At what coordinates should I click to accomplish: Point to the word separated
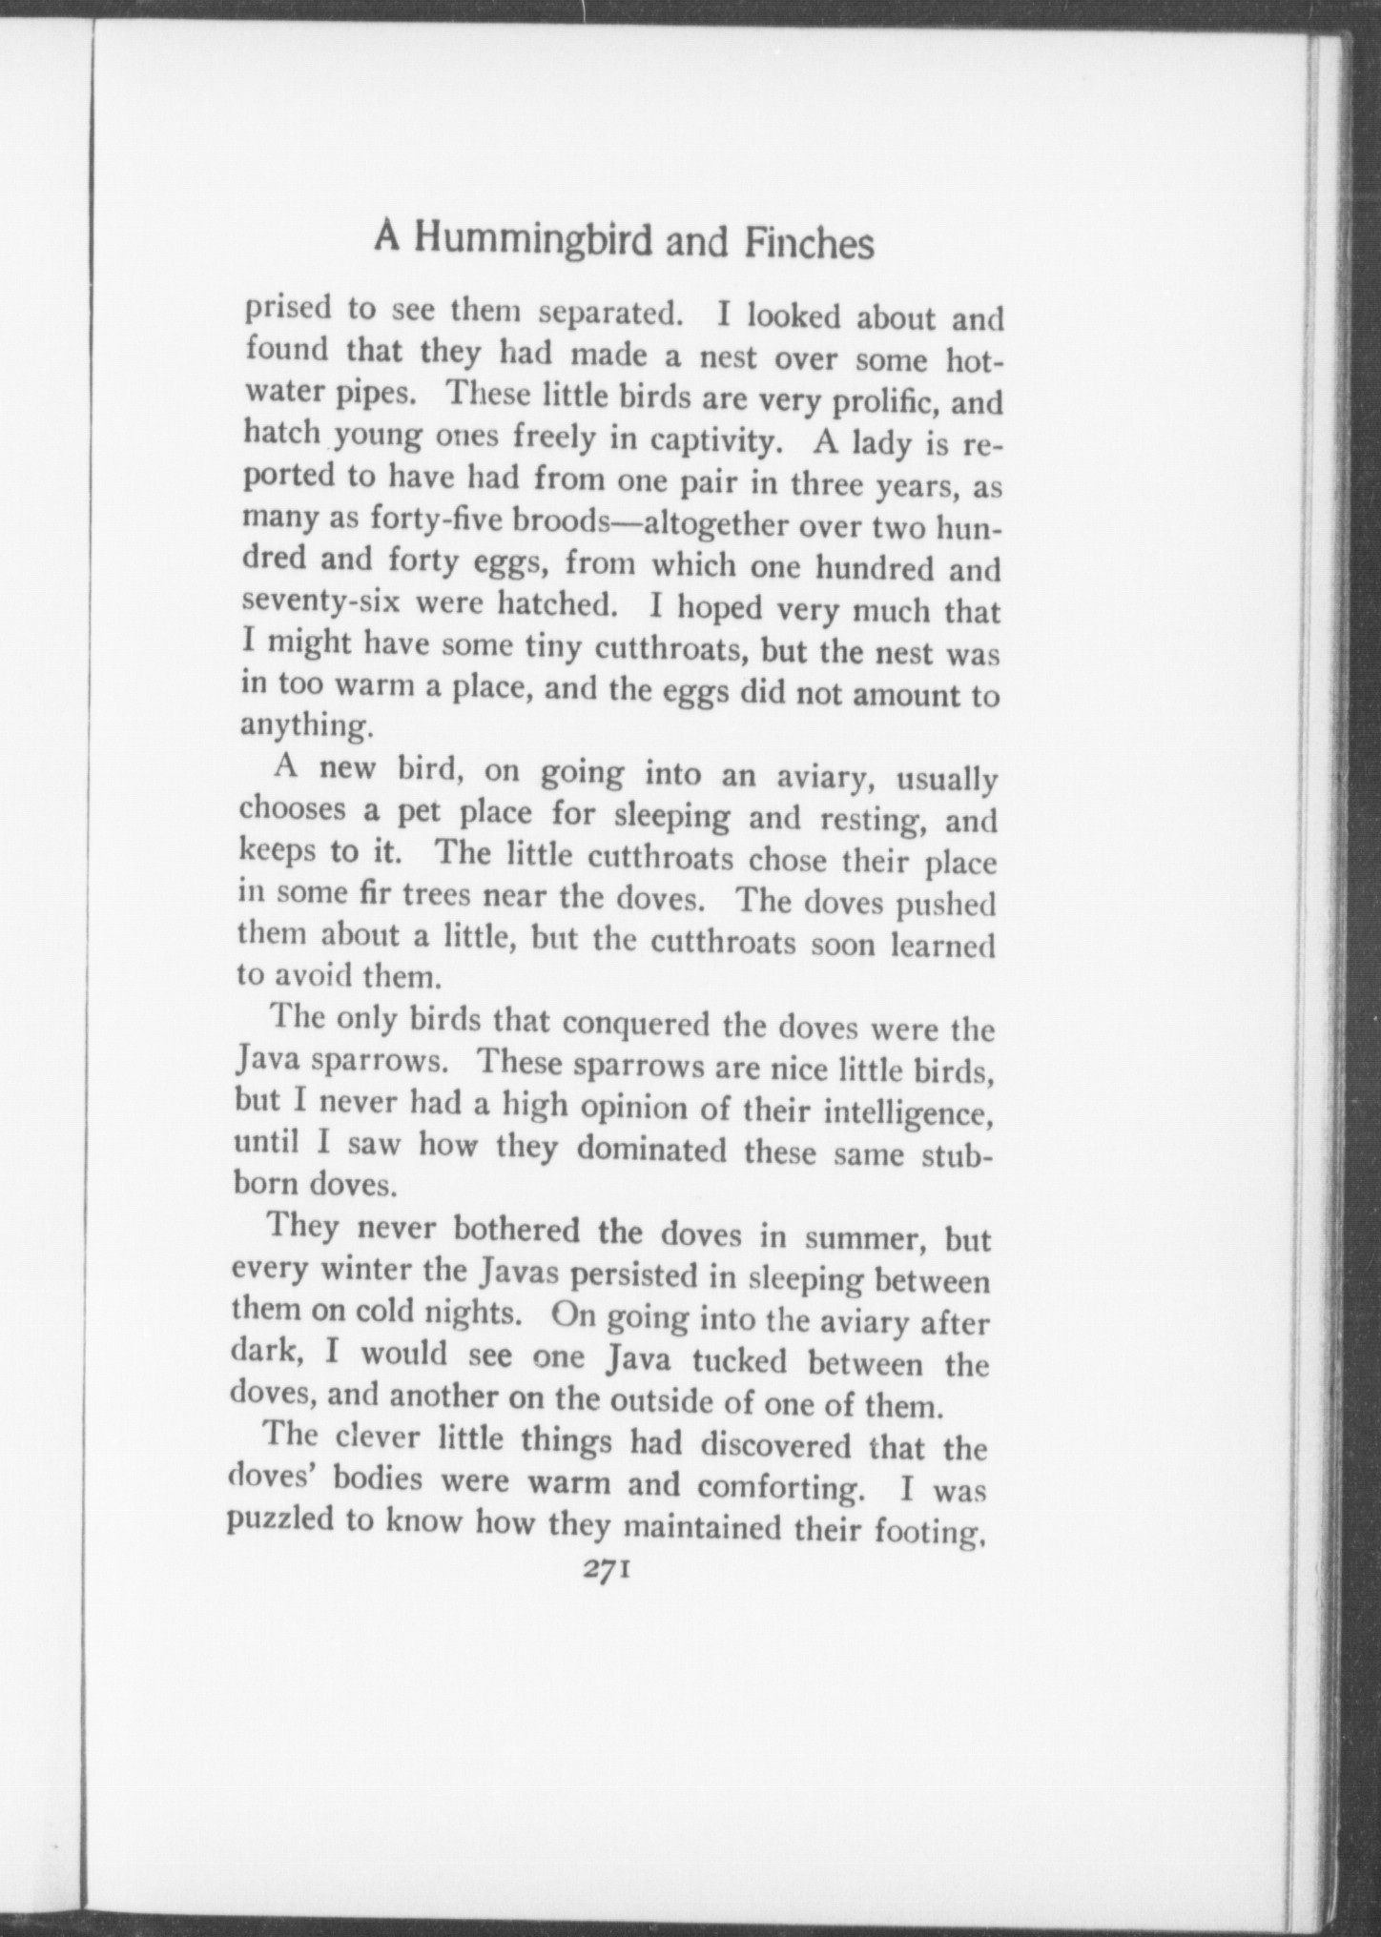point(608,314)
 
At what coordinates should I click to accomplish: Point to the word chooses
point(292,809)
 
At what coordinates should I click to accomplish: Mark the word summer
point(864,1237)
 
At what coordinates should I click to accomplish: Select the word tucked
point(739,1359)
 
